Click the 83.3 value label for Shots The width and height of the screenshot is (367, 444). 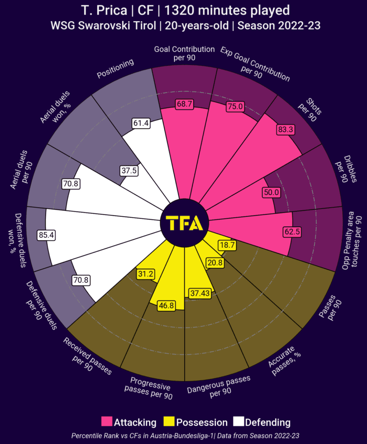285,129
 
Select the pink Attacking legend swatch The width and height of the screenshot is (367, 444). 106,422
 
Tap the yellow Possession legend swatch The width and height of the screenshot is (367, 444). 169,422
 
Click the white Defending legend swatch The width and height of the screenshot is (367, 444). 238,422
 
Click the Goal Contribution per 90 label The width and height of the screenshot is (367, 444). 184,53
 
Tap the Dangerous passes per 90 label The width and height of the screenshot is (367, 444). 218,385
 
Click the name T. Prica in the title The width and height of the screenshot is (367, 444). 102,10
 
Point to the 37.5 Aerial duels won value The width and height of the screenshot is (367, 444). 129,171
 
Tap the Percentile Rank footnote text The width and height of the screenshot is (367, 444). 183,435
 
